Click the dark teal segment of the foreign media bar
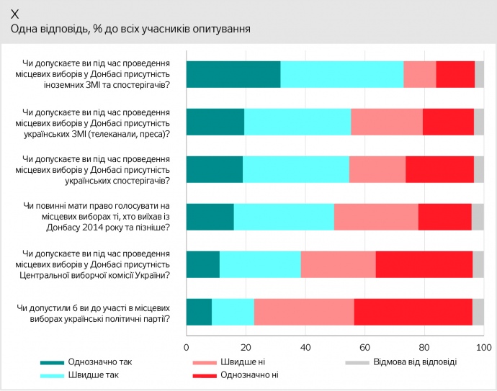(233, 75)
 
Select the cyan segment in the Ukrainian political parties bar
(233, 311)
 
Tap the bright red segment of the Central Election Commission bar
(424, 264)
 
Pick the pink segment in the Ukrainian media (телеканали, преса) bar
(387, 122)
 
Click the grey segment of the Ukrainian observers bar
(479, 169)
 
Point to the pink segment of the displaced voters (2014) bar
(376, 217)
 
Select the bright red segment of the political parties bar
(413, 311)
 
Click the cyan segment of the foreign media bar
(342, 75)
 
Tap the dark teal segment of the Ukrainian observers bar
(215, 169)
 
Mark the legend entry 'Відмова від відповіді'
(413, 361)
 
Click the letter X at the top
(15, 14)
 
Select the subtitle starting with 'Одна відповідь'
(130, 30)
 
